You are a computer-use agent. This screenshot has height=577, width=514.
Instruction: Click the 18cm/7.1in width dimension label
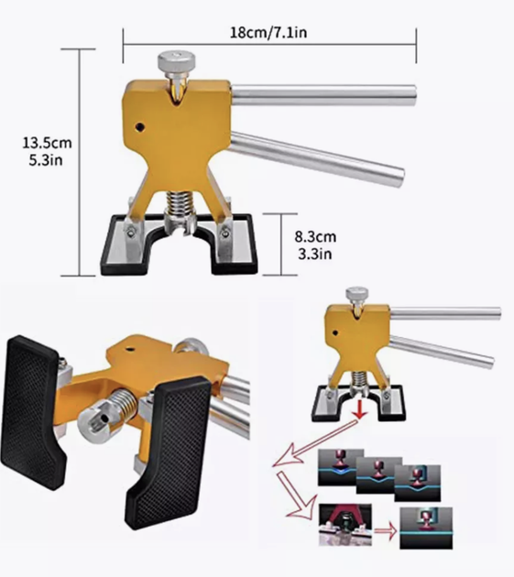(x=268, y=32)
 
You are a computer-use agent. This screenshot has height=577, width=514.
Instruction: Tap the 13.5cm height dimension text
(x=47, y=143)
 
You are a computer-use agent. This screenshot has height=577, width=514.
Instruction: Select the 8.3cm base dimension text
(x=315, y=236)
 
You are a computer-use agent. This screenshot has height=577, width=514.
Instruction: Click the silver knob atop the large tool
(x=177, y=62)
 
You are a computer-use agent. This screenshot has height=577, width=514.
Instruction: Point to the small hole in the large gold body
(x=139, y=127)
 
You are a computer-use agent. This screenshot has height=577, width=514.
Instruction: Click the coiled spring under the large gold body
(x=180, y=205)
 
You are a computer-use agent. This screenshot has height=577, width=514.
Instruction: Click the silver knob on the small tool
(x=356, y=295)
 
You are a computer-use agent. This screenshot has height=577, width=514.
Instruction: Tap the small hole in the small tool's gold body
(x=335, y=333)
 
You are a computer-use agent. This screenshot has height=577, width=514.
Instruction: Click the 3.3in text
(x=315, y=254)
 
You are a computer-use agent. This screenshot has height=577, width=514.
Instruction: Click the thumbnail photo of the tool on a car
(x=345, y=525)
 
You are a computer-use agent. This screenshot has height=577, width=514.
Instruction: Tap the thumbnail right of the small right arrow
(x=426, y=528)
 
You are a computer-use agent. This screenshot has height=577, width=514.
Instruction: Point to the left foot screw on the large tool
(x=130, y=233)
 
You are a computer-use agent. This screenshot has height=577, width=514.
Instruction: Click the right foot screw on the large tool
(x=224, y=233)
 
